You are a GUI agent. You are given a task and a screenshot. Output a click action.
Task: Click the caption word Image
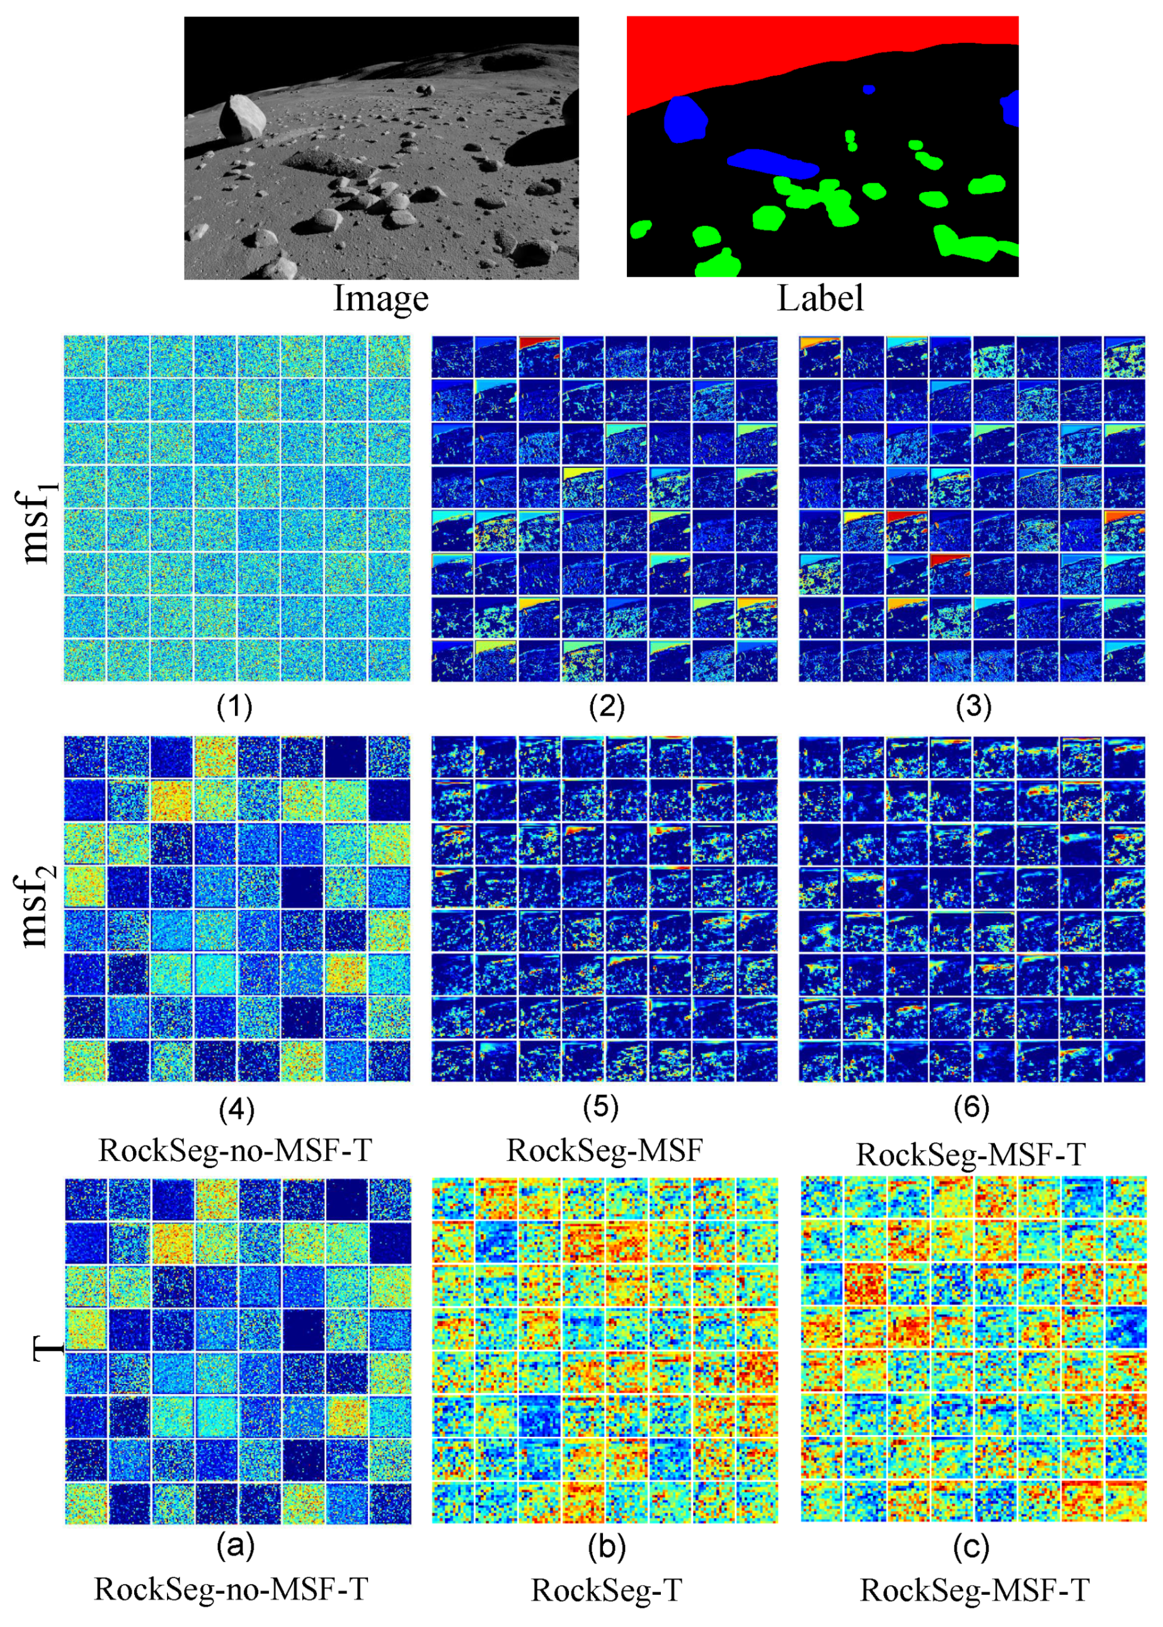[381, 298]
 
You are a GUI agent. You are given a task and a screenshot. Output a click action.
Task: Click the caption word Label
[821, 298]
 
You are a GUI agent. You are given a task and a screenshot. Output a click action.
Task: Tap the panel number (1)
[235, 707]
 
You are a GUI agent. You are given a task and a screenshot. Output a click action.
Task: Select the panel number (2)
[607, 707]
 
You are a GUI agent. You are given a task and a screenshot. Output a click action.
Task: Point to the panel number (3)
[973, 707]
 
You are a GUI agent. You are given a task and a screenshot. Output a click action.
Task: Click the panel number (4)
[236, 1109]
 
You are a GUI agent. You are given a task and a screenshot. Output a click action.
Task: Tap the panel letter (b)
[607, 1547]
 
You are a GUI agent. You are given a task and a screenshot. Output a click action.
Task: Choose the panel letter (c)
[972, 1547]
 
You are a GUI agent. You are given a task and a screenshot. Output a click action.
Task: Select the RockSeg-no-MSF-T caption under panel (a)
[231, 1589]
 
